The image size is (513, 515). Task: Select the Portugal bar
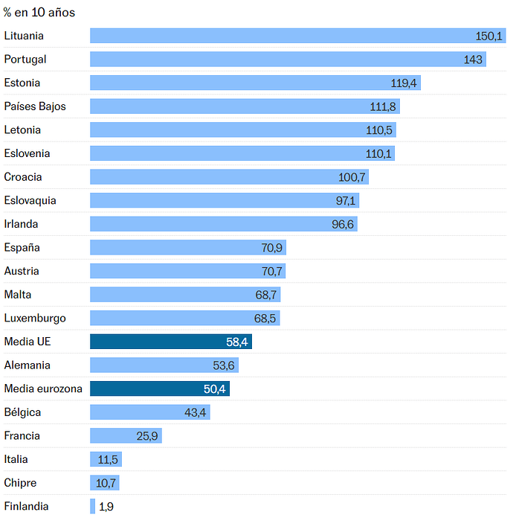(288, 60)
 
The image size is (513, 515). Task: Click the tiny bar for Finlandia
(93, 507)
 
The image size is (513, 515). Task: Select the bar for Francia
(126, 436)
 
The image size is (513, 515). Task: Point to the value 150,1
(489, 36)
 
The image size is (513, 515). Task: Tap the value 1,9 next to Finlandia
(106, 507)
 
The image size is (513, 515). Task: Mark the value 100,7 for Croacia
(352, 177)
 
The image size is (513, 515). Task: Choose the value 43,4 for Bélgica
(195, 412)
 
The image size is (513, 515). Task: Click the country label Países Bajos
(35, 106)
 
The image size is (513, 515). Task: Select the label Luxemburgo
(35, 319)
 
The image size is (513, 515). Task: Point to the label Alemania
(28, 365)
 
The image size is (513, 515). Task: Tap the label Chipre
(20, 483)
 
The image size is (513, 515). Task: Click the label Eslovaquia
(30, 201)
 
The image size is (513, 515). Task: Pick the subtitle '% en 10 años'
(39, 13)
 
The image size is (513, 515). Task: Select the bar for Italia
(106, 460)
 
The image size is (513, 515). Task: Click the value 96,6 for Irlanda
(343, 224)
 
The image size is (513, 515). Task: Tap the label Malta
(18, 295)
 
